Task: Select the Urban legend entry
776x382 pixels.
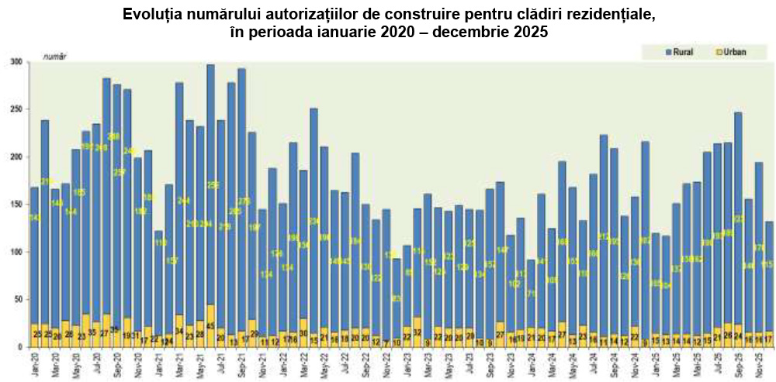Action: pos(730,52)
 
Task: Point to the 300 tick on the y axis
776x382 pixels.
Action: pos(17,61)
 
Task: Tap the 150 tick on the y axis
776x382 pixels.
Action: pos(17,205)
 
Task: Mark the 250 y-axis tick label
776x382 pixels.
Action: pos(17,109)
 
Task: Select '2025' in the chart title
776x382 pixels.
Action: pos(530,33)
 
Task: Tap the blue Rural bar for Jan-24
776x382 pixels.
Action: pos(532,294)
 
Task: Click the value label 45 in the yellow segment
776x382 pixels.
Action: pos(211,327)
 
